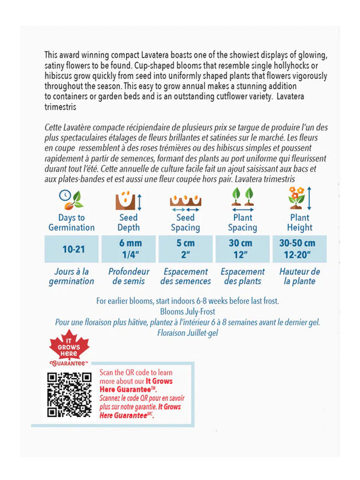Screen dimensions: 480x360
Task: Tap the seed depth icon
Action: (x=128, y=200)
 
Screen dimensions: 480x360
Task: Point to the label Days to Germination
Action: (x=71, y=223)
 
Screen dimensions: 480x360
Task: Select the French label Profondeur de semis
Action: (x=128, y=276)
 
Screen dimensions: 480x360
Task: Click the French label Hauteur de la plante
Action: (x=299, y=276)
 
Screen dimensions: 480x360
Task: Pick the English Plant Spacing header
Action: (x=242, y=223)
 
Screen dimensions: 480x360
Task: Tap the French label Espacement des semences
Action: (x=185, y=276)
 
